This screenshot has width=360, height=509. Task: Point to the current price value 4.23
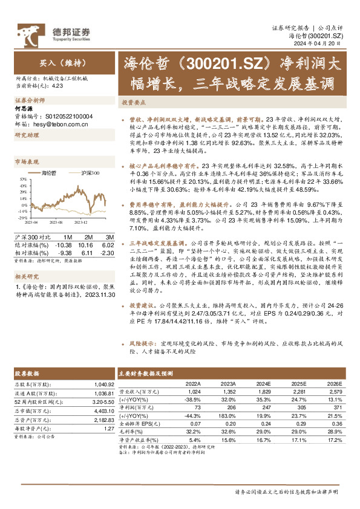pos(57,85)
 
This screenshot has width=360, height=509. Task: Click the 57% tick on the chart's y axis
pos(21,179)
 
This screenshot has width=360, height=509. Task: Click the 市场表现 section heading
pos(27,162)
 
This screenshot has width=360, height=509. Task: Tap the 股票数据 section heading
pos(27,374)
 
